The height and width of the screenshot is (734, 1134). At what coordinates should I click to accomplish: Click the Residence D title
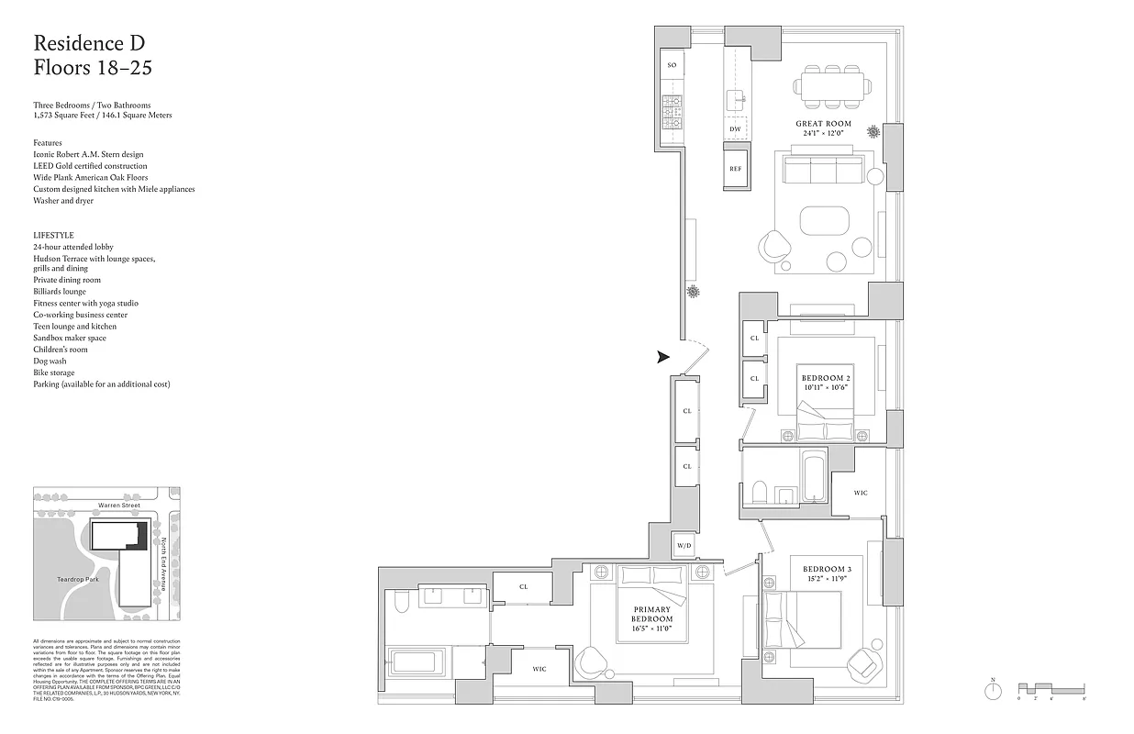pyautogui.click(x=89, y=42)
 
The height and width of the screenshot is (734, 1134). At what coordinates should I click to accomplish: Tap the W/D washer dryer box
pyautogui.click(x=684, y=545)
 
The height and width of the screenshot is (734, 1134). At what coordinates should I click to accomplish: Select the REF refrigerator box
pyautogui.click(x=735, y=170)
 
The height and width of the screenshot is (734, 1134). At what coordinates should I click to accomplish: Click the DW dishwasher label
pyautogui.click(x=735, y=129)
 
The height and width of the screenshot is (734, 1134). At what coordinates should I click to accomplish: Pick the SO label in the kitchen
pyautogui.click(x=672, y=65)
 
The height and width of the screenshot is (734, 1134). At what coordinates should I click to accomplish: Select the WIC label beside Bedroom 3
pyautogui.click(x=860, y=494)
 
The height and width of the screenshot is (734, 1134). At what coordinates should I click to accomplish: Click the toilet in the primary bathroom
pyautogui.click(x=401, y=601)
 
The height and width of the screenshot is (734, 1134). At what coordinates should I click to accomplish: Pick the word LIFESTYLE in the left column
pyautogui.click(x=53, y=236)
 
